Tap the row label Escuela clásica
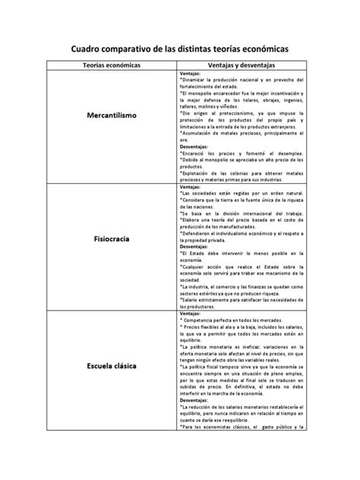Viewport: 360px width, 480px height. click(111, 368)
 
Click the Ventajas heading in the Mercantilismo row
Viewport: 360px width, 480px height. click(191, 74)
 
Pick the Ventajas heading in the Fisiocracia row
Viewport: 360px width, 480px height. click(191, 187)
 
